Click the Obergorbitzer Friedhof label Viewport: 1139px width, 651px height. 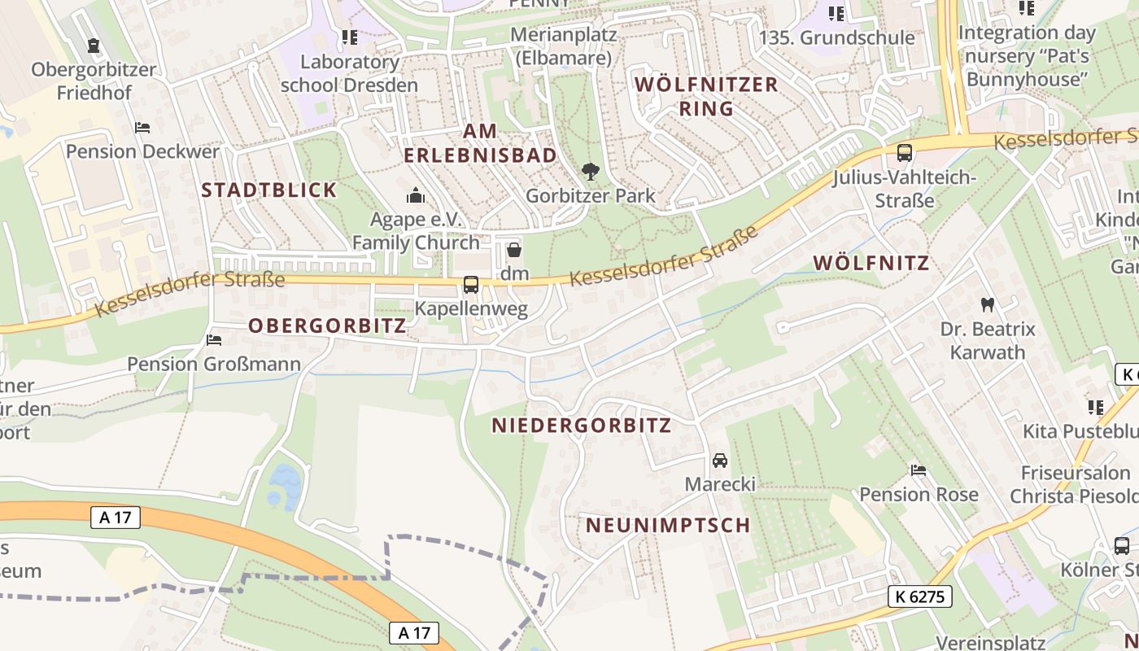pyautogui.click(x=94, y=81)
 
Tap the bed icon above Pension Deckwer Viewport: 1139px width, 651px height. pyautogui.click(x=142, y=128)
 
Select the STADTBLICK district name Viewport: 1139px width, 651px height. pyautogui.click(x=268, y=190)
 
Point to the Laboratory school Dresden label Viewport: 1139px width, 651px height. pyautogui.click(x=349, y=73)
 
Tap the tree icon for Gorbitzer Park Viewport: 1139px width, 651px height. pyautogui.click(x=590, y=172)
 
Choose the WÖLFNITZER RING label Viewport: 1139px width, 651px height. pyautogui.click(x=706, y=96)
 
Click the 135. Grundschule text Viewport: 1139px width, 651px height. pyautogui.click(x=836, y=37)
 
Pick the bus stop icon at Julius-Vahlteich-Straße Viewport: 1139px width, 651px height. pyautogui.click(x=904, y=153)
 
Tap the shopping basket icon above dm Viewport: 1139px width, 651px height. pyautogui.click(x=513, y=251)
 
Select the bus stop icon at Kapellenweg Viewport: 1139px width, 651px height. pyautogui.click(x=470, y=285)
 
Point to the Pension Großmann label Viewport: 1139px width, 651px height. pyautogui.click(x=214, y=364)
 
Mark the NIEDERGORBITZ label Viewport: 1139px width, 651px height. pyautogui.click(x=582, y=426)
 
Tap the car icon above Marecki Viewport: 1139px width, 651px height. pyautogui.click(x=719, y=461)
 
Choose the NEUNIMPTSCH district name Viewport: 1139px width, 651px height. pyautogui.click(x=668, y=526)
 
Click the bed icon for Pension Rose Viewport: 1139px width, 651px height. pyautogui.click(x=919, y=470)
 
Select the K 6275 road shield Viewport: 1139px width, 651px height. pyautogui.click(x=919, y=596)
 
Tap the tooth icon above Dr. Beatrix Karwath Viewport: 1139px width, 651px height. pyautogui.click(x=988, y=305)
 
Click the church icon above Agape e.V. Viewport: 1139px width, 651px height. pyautogui.click(x=416, y=195)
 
